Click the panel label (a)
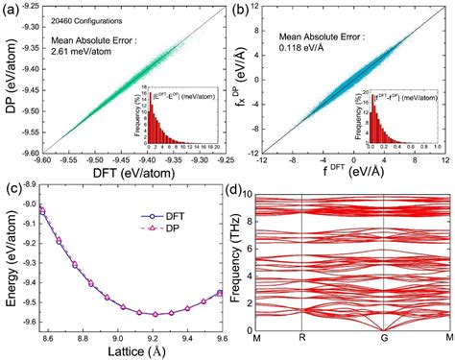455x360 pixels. pyautogui.click(x=11, y=9)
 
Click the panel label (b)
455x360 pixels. pyautogui.click(x=239, y=9)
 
